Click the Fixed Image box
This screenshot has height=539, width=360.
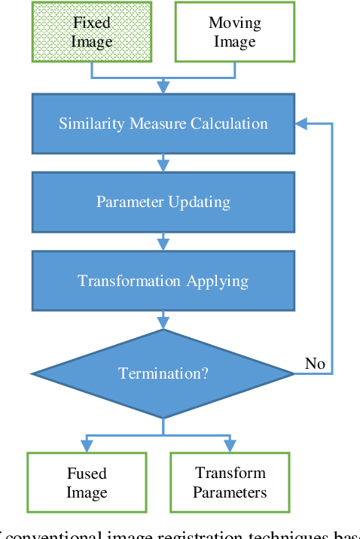[x=91, y=32]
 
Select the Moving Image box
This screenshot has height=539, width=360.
[x=234, y=32]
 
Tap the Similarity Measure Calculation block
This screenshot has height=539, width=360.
[x=163, y=123]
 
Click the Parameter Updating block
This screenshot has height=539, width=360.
[x=163, y=202]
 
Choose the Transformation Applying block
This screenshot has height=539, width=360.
[x=163, y=281]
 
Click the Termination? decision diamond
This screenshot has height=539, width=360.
[x=163, y=373]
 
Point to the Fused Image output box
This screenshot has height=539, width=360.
[x=87, y=483]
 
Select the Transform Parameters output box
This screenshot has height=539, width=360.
[x=230, y=483]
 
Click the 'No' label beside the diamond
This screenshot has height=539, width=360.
[x=315, y=364]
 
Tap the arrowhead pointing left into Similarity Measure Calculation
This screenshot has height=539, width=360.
[x=301, y=123]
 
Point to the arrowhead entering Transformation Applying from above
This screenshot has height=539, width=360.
[x=163, y=245]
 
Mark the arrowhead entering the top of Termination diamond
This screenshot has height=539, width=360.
[x=163, y=323]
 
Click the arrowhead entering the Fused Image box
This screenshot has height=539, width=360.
[x=87, y=446]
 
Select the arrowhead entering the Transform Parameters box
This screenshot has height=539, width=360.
[x=230, y=446]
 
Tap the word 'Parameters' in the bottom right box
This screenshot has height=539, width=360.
[x=230, y=492]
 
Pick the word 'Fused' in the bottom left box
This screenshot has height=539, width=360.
[x=87, y=474]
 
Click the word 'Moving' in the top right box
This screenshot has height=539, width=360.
[x=234, y=23]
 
